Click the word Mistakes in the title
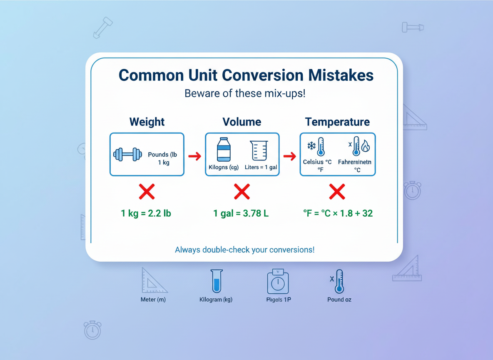click(341, 75)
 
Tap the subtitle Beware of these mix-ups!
click(245, 93)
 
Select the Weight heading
click(147, 122)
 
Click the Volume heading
click(242, 122)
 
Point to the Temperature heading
click(337, 122)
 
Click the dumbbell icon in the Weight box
click(127, 154)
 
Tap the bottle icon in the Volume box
click(224, 150)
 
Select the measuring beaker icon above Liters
click(259, 150)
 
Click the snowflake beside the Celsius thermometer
click(311, 146)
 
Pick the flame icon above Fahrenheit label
click(365, 146)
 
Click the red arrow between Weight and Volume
click(194, 156)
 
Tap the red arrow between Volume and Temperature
click(289, 156)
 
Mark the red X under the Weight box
click(147, 192)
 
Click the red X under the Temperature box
click(337, 192)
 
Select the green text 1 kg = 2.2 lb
click(146, 214)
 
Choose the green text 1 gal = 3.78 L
click(241, 214)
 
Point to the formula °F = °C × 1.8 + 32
click(338, 214)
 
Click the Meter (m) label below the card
click(153, 300)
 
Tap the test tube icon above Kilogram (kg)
click(216, 281)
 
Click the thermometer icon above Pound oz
click(339, 281)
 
